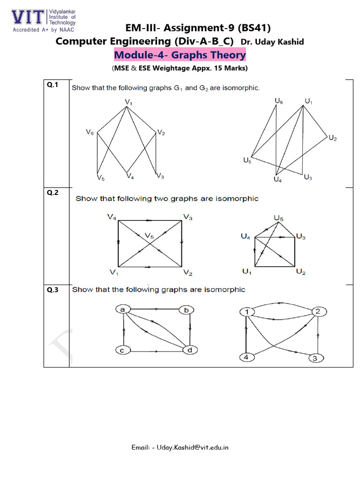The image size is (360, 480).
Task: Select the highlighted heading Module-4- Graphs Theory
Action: point(180,55)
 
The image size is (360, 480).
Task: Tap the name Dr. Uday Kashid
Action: point(272,42)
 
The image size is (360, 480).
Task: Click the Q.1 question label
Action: point(52,85)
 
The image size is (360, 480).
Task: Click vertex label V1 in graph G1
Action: point(128,100)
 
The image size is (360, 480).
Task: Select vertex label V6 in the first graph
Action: point(90,133)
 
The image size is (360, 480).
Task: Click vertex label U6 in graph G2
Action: point(278,101)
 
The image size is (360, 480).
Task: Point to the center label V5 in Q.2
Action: point(149,236)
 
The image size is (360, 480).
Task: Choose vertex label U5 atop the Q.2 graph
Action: point(278,218)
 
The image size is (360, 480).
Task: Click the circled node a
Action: point(122,309)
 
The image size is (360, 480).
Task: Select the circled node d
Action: point(189,350)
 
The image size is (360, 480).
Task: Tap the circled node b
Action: point(186,310)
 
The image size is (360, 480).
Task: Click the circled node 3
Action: point(315,359)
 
